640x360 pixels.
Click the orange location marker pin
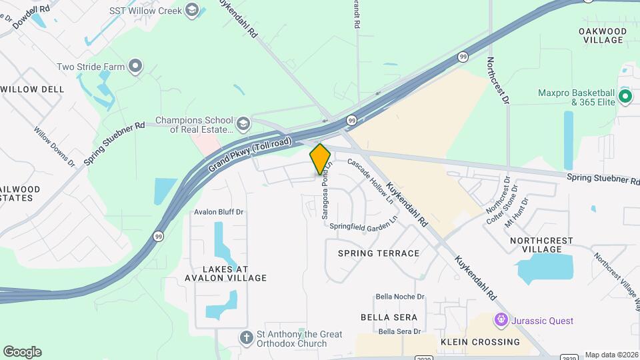(321, 159)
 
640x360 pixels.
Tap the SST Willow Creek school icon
(193, 9)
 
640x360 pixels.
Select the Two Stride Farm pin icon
(136, 66)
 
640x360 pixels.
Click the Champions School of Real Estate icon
(243, 124)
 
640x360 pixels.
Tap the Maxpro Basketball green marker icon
(625, 97)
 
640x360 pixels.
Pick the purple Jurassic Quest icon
(501, 321)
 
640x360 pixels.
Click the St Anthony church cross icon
(246, 338)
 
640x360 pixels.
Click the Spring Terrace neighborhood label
(379, 253)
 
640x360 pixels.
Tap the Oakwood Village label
(603, 35)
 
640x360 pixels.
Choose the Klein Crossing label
(480, 342)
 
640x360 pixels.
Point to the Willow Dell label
(32, 89)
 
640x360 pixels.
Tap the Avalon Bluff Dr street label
(219, 212)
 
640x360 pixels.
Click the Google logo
(22, 352)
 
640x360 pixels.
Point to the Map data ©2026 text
(611, 355)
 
